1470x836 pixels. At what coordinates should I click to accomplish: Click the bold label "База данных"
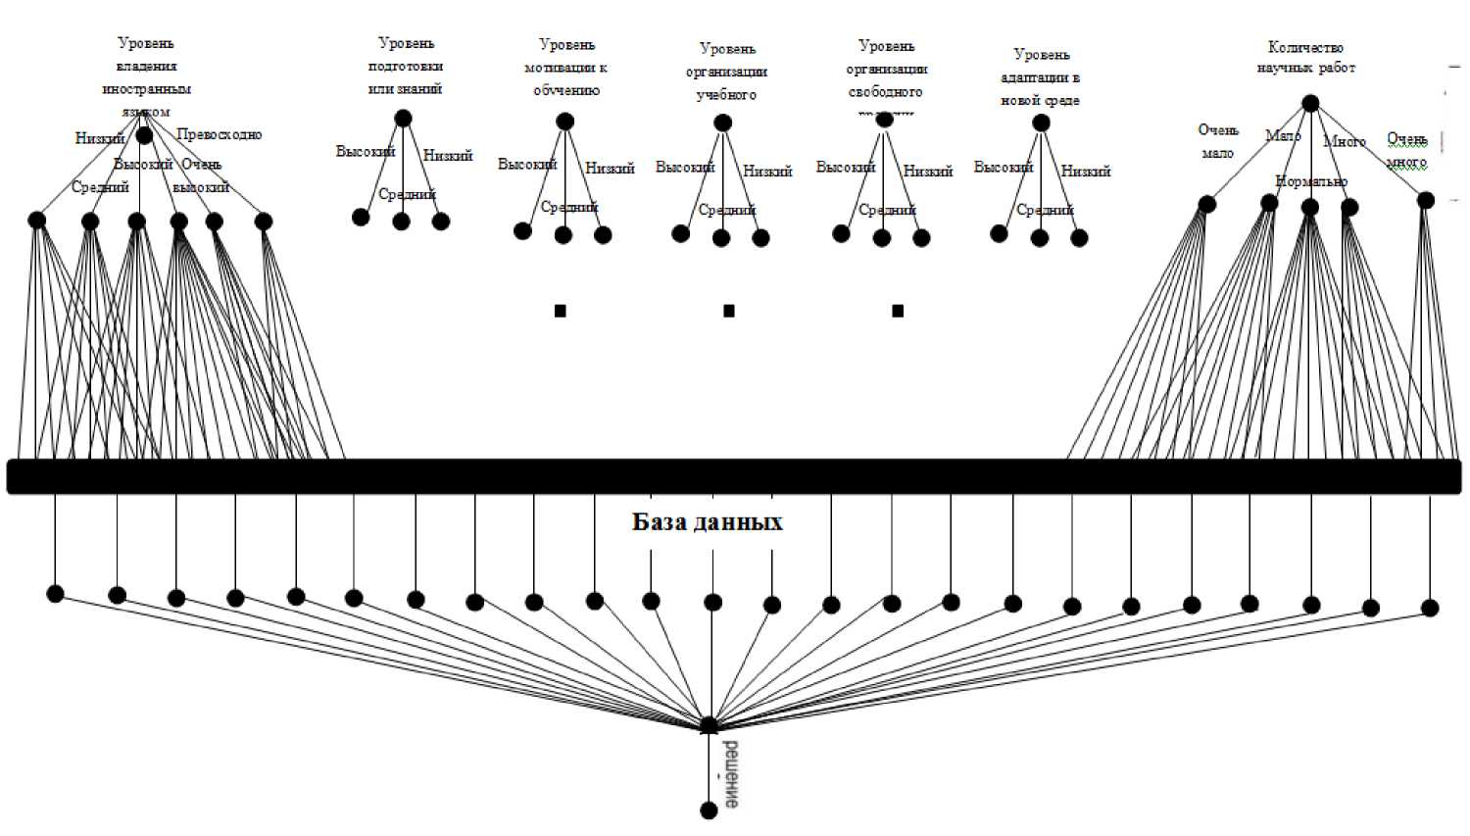point(707,521)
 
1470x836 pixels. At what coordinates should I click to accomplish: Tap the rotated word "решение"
point(731,774)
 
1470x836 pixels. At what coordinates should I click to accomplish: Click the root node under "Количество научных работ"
point(1310,103)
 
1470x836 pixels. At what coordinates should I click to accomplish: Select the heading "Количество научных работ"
point(1305,57)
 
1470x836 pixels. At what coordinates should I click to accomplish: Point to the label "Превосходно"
point(220,134)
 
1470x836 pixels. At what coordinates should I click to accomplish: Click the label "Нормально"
point(1311,181)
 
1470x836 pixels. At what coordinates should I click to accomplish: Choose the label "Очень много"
point(1406,150)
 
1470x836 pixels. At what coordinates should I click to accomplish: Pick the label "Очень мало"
point(1218,141)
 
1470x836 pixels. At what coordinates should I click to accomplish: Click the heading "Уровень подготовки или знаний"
point(406,66)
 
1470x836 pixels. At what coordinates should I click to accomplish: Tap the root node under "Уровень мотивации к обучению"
point(564,122)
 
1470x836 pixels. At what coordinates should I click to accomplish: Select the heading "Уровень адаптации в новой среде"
point(1041,77)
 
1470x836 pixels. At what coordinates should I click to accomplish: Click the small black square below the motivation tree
point(561,311)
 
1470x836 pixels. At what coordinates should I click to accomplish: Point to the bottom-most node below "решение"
point(710,811)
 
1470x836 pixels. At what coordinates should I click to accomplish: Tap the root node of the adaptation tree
point(1041,123)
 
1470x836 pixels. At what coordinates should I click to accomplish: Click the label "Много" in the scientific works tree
point(1345,142)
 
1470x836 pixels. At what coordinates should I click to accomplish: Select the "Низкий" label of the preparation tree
point(448,155)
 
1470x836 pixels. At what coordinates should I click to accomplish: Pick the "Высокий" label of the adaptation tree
point(1004,168)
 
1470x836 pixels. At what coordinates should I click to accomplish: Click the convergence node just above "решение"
point(710,726)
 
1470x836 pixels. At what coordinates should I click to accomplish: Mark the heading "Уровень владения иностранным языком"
point(146,77)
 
